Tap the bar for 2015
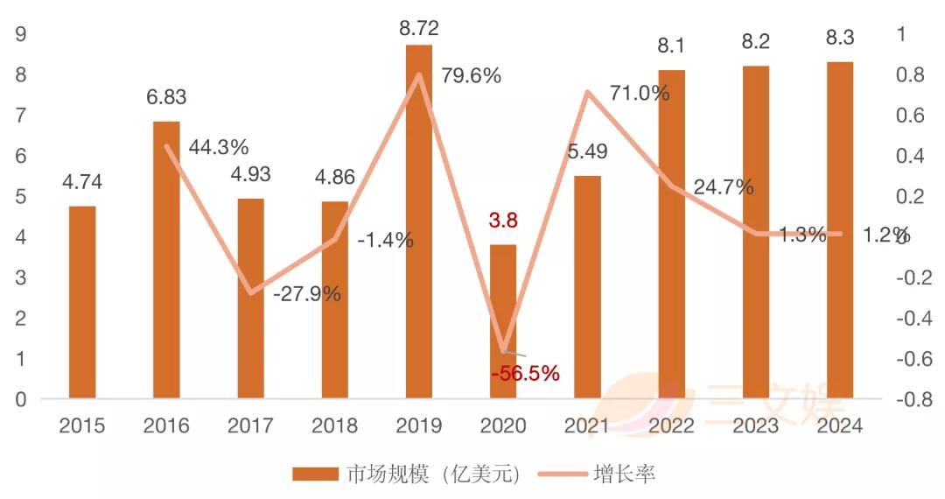click(x=82, y=303)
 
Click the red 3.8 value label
click(x=502, y=221)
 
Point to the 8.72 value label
click(x=418, y=28)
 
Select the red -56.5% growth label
click(x=525, y=374)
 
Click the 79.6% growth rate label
click(x=471, y=76)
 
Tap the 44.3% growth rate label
click(x=219, y=147)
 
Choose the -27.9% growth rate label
click(x=306, y=294)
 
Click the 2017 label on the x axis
click(x=250, y=426)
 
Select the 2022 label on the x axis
click(x=671, y=426)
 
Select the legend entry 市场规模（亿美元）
click(x=407, y=474)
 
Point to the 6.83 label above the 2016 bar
click(x=166, y=97)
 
